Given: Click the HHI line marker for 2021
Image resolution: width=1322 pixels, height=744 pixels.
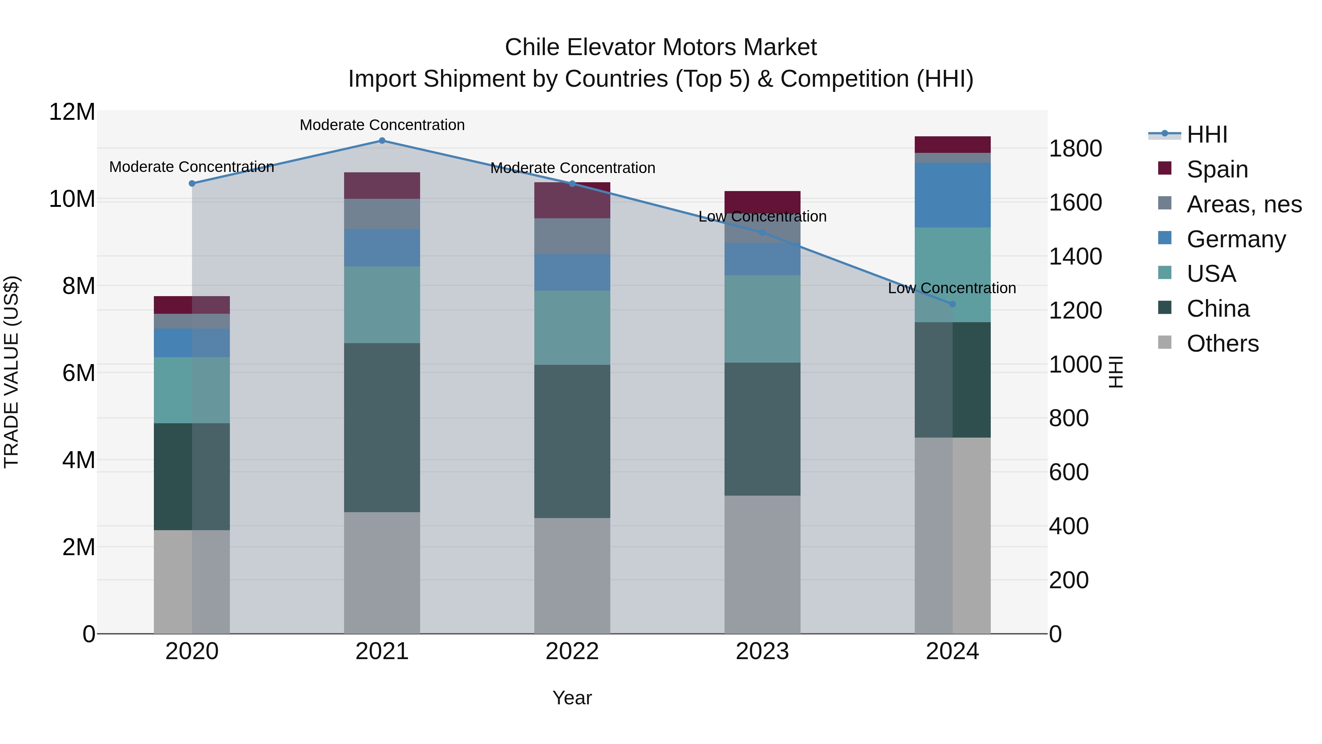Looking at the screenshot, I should coord(382,141).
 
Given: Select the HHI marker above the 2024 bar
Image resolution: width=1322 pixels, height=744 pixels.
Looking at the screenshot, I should coord(953,304).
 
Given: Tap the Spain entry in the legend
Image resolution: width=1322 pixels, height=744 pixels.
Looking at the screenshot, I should coord(1217,169).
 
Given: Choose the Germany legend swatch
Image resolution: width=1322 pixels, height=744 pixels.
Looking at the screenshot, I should coord(1165,238).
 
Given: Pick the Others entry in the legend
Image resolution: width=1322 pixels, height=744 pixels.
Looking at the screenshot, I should coord(1222,344).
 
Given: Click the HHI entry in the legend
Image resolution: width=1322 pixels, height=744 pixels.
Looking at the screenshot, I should coord(1207,134).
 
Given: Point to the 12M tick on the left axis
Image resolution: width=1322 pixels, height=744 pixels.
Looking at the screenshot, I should coord(72,112).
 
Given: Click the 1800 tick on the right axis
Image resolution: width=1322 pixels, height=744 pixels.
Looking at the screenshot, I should coord(1075,149).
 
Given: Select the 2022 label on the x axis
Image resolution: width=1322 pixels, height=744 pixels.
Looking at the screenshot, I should coord(572,651).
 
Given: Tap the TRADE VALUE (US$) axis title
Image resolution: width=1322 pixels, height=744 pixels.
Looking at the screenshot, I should coord(11,372).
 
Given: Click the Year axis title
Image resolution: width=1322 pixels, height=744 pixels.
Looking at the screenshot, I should coord(572,698).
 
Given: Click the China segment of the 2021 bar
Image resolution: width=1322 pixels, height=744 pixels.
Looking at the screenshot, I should coord(382,427).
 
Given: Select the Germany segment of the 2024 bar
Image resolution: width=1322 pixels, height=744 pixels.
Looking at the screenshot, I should coord(953,195).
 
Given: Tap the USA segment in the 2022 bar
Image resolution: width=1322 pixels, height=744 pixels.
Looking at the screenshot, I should coord(572,328).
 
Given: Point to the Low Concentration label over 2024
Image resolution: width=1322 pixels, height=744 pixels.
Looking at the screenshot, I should coord(952,288).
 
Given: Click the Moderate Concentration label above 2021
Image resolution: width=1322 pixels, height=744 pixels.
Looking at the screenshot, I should coord(382,125).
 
